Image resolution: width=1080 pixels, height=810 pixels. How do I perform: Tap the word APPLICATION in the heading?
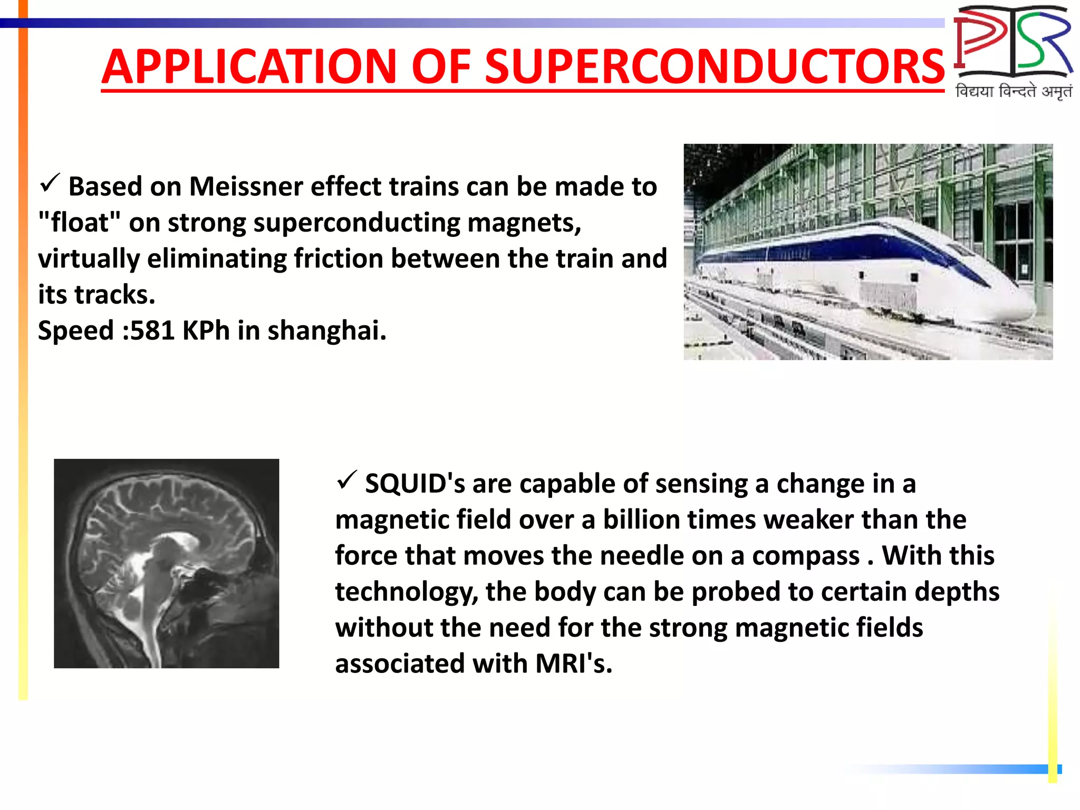tap(249, 67)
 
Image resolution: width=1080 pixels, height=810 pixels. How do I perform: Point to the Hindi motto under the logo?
tap(1013, 92)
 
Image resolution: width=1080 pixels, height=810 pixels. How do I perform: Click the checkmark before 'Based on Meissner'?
tap(51, 183)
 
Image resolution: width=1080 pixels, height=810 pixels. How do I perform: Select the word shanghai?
tap(326, 331)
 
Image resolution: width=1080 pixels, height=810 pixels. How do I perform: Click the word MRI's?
tap(574, 663)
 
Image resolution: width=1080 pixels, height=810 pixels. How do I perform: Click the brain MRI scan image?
tap(166, 563)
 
